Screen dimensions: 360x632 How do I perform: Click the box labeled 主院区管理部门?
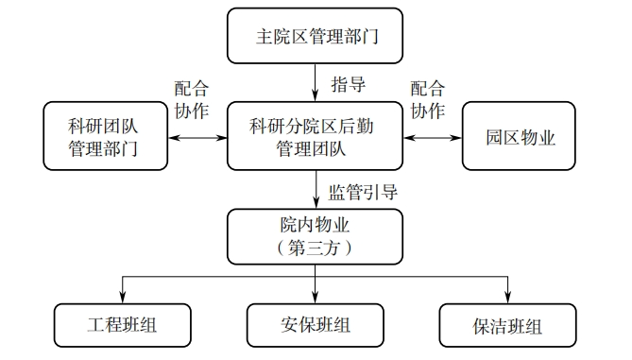tap(316, 37)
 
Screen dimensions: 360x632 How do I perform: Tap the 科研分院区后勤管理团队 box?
tap(316, 137)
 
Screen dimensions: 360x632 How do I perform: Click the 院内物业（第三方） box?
tap(316, 237)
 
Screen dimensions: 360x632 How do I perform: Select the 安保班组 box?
tap(315, 326)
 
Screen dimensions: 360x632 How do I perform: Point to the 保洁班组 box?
tap(507, 326)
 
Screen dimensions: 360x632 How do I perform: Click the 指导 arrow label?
tap(348, 85)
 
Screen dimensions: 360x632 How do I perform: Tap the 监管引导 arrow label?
tap(362, 191)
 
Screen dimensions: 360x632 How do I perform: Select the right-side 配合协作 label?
tap(427, 99)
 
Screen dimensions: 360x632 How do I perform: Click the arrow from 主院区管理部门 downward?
tap(316, 82)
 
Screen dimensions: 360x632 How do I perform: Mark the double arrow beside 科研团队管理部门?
tap(196, 138)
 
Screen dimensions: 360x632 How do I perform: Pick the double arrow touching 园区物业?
tap(433, 138)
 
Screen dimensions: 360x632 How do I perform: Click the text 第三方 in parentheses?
tap(316, 249)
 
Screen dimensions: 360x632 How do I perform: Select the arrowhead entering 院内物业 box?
tap(316, 203)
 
